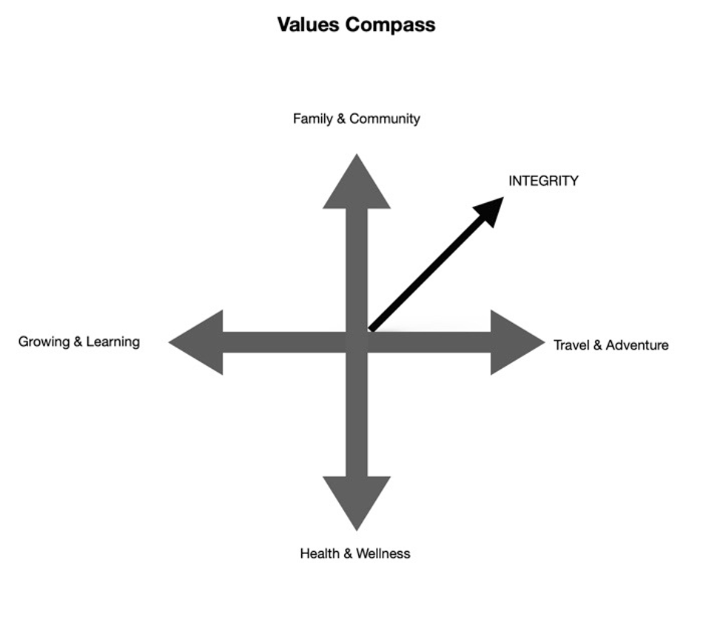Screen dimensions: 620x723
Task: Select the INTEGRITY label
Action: pos(543,181)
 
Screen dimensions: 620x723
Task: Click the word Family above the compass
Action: pos(312,119)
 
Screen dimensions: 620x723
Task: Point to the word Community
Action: pos(385,119)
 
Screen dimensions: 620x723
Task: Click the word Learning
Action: pos(113,342)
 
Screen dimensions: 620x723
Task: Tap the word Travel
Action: pos(571,345)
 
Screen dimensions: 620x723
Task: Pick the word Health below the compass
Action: pos(320,553)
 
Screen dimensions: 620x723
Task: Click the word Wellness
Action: pos(383,553)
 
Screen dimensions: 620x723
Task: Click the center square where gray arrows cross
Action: pos(357,342)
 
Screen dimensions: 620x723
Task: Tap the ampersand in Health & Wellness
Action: pos(349,553)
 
